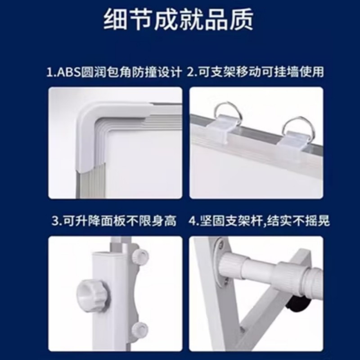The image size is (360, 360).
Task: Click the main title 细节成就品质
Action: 178,19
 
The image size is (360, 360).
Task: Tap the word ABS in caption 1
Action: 69,72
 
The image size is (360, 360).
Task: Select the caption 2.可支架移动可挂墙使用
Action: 255,72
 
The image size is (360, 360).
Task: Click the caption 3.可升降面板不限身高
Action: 114,221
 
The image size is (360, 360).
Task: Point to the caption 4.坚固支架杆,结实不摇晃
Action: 259,221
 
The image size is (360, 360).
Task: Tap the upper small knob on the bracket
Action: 140,256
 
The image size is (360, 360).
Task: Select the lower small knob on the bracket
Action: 139,329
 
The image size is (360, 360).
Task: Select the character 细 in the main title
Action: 115,19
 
